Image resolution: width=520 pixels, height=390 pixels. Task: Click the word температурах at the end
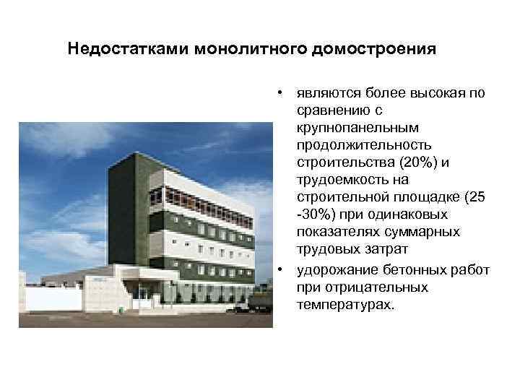click(344, 305)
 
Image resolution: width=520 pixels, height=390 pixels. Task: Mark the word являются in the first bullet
click(322, 94)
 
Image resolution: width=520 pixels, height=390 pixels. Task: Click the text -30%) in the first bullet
click(312, 215)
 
